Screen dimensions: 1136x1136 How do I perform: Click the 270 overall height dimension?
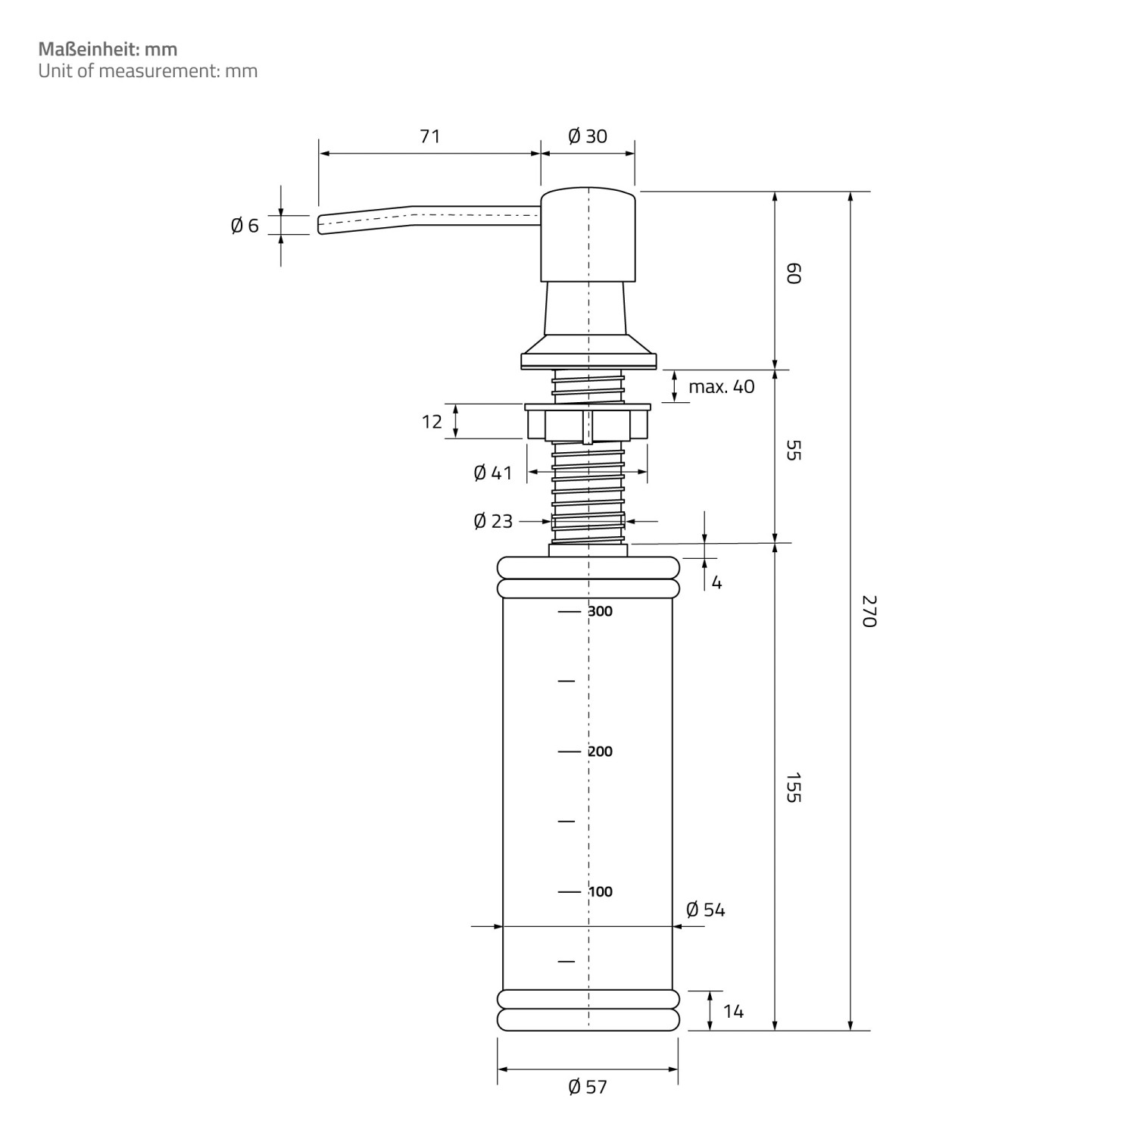(869, 611)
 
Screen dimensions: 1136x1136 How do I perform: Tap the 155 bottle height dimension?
(793, 788)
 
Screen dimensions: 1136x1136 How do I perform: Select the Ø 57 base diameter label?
(588, 1087)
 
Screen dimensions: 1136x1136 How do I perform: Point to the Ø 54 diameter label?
(706, 910)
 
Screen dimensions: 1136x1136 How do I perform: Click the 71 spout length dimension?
(429, 136)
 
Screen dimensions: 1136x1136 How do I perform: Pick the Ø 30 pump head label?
(588, 136)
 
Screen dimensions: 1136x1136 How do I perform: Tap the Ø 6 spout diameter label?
(245, 225)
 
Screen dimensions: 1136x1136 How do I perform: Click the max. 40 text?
(722, 386)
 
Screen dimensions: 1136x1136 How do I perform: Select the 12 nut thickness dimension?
(432, 421)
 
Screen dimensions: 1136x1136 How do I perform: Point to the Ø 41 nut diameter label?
(493, 473)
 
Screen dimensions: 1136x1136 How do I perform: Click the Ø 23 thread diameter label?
(493, 521)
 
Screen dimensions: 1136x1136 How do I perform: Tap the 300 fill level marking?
(601, 611)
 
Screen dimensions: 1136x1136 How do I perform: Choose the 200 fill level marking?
(601, 751)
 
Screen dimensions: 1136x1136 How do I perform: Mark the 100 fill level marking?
(601, 891)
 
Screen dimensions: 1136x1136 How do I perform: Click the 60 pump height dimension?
(793, 273)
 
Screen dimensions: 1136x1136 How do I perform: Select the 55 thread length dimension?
(793, 451)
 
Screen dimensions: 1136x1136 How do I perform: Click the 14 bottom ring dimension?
(733, 1011)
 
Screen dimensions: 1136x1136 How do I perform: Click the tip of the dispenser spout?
(319, 225)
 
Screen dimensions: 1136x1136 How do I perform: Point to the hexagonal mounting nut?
(588, 423)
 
